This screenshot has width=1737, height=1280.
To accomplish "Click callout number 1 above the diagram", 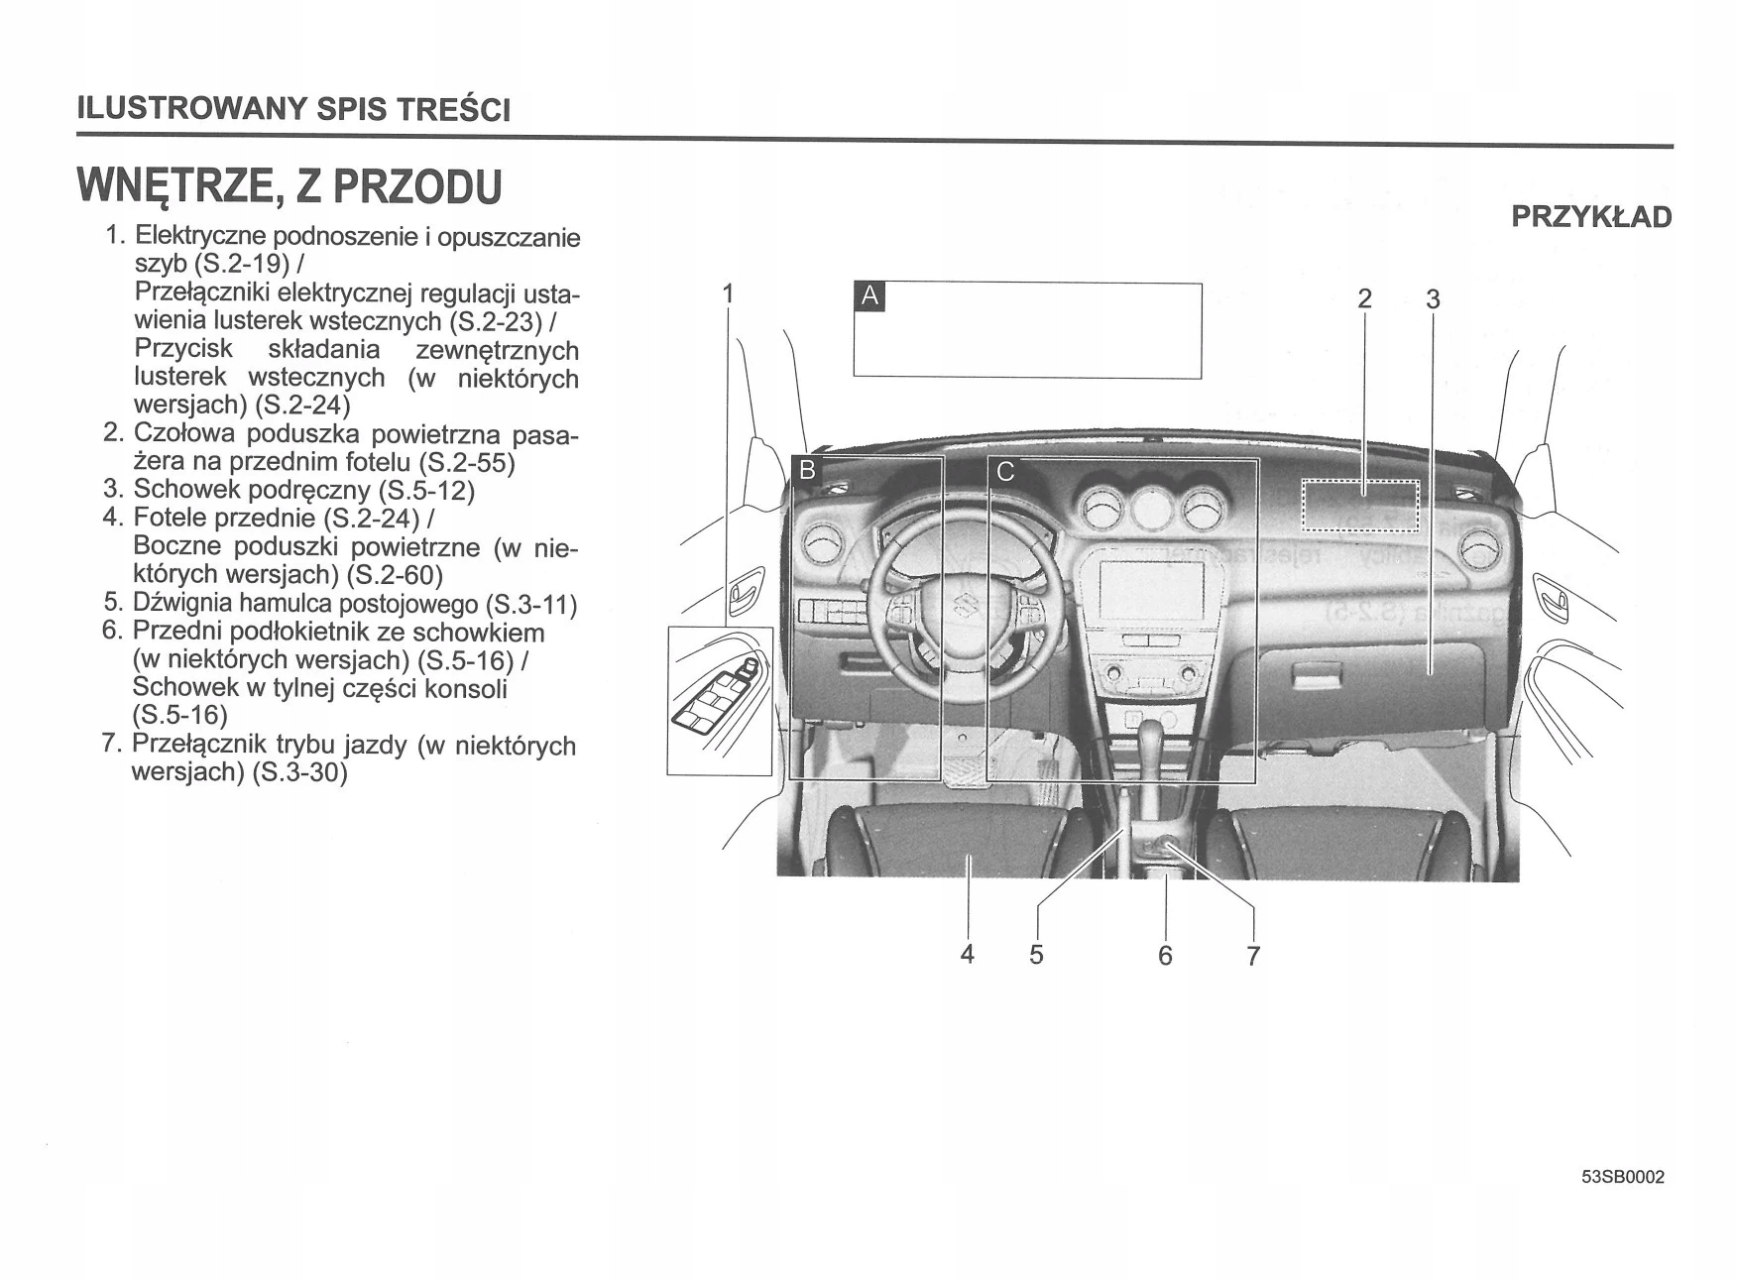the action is click(729, 293).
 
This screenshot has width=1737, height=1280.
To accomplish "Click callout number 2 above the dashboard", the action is click(1364, 298).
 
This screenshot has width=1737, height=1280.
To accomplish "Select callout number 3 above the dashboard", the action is click(1432, 299).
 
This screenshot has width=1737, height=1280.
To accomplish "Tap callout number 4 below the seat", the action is click(968, 954).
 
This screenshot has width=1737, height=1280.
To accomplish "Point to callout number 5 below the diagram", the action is click(1036, 955).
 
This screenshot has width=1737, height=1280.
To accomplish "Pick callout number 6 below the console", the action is click(1165, 956).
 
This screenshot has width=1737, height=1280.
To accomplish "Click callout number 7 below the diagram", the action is click(1253, 956).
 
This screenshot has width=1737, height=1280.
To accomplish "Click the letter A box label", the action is click(869, 295).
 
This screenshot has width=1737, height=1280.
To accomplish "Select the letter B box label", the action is click(808, 470).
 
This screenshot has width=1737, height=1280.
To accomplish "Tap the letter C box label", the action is click(1005, 472).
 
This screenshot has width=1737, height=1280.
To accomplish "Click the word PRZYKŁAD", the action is click(1591, 217).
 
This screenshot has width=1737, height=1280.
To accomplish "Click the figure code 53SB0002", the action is click(1623, 1177).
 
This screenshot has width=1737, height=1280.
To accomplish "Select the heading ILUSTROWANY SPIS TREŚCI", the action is click(294, 108).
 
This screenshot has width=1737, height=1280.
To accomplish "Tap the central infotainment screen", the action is click(1151, 591).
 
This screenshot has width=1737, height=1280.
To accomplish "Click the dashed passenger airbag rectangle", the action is click(1360, 506).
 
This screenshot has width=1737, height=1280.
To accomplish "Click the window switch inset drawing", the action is click(720, 701).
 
